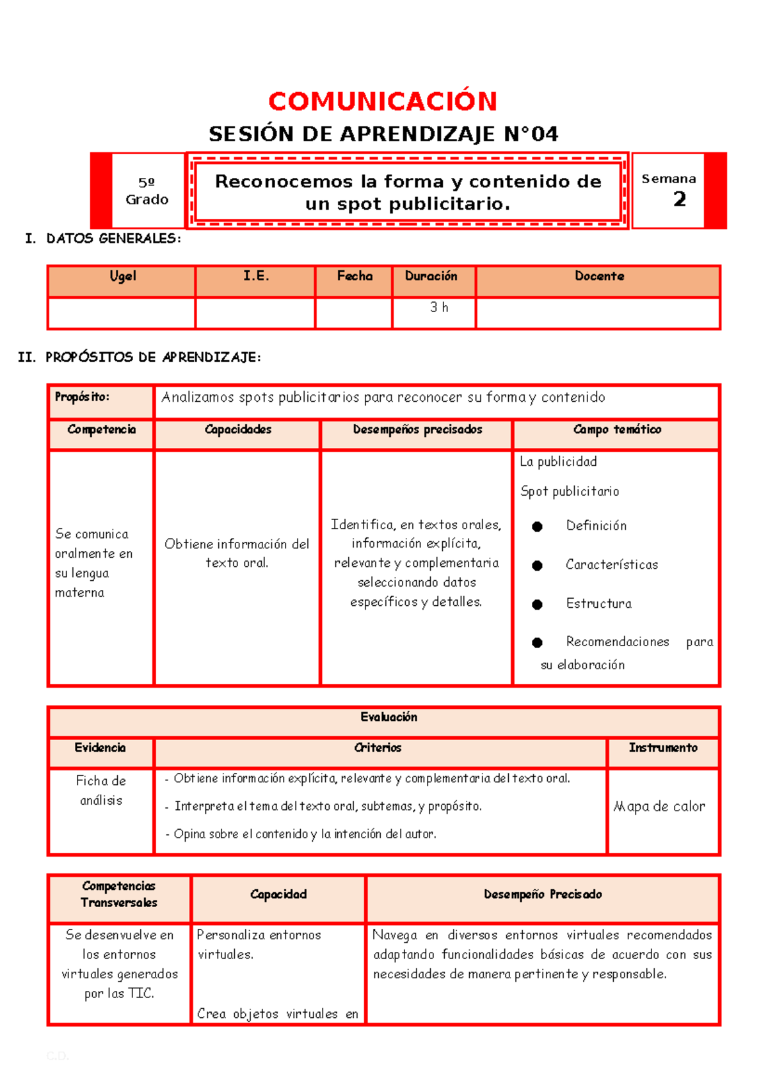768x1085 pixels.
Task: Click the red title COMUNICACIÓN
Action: click(383, 101)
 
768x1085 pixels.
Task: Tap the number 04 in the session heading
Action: click(544, 134)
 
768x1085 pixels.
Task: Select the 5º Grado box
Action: click(147, 191)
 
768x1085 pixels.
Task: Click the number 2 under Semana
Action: click(680, 200)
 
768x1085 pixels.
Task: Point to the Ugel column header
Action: click(122, 276)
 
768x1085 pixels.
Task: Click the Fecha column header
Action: click(355, 276)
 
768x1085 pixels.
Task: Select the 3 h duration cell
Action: click(439, 308)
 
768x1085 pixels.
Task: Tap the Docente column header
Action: click(599, 276)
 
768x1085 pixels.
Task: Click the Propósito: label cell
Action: click(82, 397)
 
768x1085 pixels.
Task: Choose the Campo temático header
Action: click(617, 430)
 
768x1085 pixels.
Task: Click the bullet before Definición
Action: click(538, 527)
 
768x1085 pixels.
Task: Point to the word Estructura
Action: click(598, 604)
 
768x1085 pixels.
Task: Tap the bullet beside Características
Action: click(538, 566)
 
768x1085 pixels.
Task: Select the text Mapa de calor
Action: click(659, 807)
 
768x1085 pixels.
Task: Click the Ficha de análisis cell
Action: click(101, 791)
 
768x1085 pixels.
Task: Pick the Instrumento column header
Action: click(663, 748)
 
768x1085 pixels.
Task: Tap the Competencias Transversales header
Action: click(119, 894)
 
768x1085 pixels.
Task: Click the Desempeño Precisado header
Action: click(543, 895)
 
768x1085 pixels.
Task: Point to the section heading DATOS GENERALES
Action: click(113, 239)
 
